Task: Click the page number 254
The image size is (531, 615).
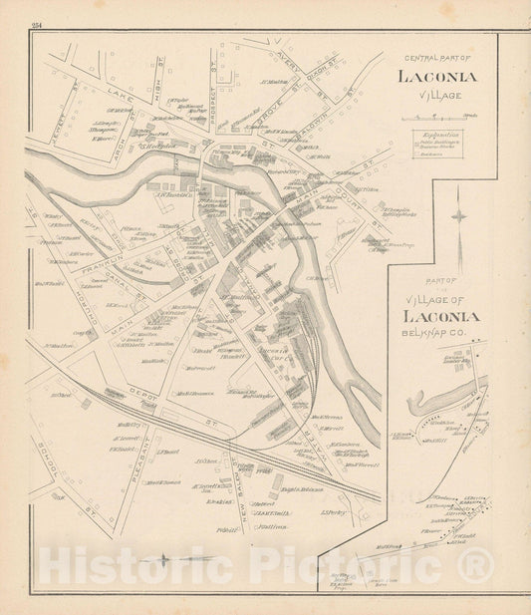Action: pyautogui.click(x=37, y=25)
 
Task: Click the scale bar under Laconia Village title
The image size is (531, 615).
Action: pyautogui.click(x=439, y=120)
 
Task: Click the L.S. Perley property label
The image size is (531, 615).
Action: pyautogui.click(x=333, y=512)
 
